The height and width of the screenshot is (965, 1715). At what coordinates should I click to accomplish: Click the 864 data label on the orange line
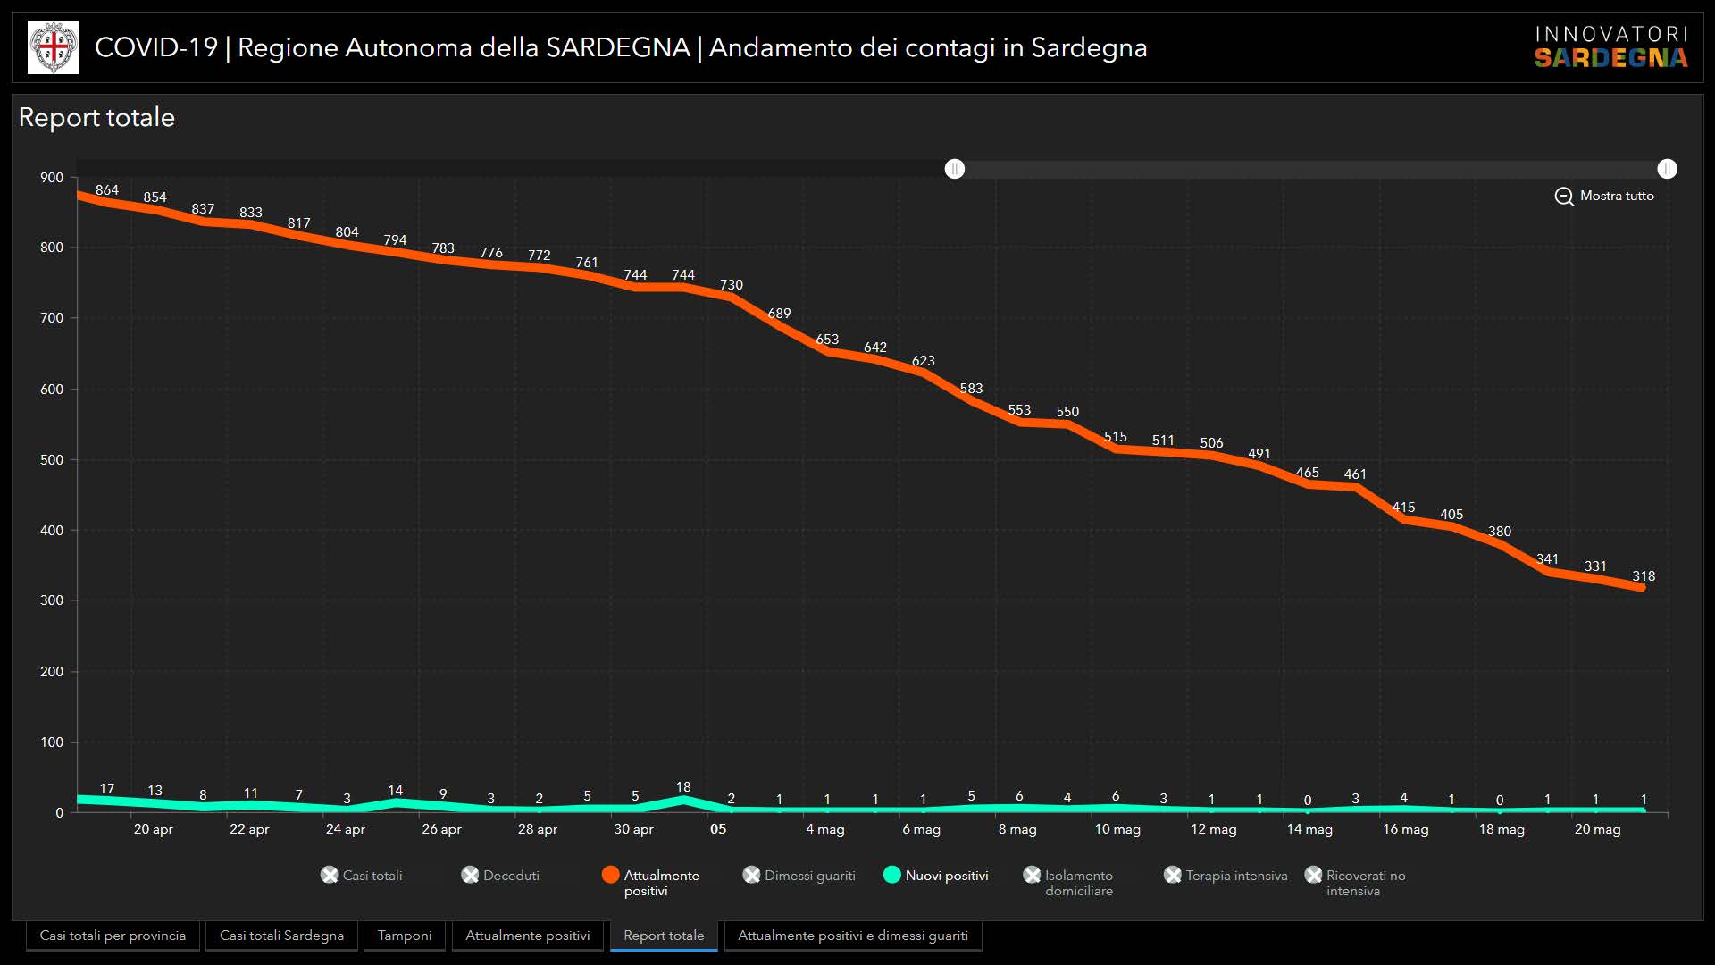click(107, 190)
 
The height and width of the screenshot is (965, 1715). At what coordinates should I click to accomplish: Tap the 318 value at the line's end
click(1644, 576)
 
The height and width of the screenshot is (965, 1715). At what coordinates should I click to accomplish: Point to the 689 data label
click(779, 314)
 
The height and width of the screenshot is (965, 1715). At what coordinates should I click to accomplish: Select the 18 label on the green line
click(683, 787)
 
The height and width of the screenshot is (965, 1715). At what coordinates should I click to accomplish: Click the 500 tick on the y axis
click(52, 460)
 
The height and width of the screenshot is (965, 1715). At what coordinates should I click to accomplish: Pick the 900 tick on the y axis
click(52, 178)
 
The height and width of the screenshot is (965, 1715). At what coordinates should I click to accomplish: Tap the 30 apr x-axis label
click(633, 829)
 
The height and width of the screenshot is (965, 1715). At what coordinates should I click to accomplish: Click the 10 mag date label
click(1117, 829)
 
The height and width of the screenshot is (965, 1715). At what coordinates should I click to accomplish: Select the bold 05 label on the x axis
click(718, 829)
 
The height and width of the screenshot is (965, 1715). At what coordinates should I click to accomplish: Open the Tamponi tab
click(405, 936)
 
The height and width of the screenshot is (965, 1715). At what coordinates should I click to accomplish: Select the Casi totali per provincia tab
click(113, 936)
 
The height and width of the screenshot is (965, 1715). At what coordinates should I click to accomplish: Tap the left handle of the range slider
click(955, 169)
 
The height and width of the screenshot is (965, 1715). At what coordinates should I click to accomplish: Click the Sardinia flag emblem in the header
click(53, 47)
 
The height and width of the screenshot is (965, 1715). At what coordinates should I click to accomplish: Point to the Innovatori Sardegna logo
click(1611, 46)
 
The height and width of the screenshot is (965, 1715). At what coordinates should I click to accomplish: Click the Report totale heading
click(96, 117)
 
